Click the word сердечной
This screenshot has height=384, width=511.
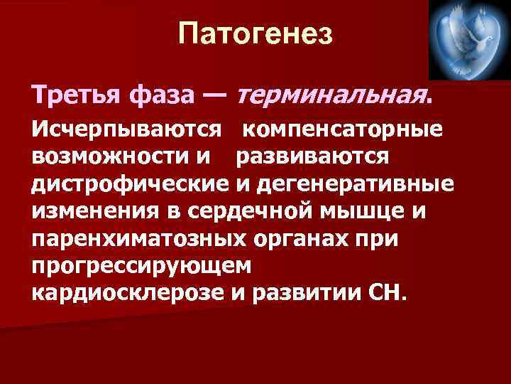pos(252,213)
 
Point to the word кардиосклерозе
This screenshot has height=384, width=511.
pos(128,294)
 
